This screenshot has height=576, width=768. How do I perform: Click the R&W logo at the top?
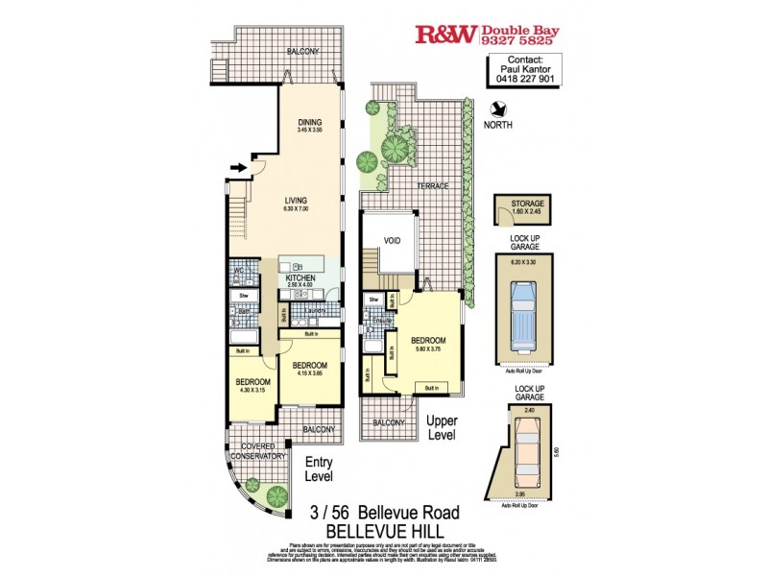445,36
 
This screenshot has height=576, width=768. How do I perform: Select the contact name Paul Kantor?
520,69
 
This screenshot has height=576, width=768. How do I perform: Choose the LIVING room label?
309,201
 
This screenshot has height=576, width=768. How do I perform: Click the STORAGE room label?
528,204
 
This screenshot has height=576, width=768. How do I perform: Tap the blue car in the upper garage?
524,316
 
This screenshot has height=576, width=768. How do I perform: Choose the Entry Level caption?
319,468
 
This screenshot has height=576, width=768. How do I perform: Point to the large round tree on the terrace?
393,148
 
